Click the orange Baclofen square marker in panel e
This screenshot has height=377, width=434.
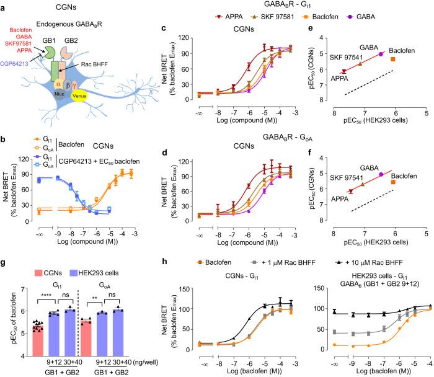pyautogui.click(x=392, y=59)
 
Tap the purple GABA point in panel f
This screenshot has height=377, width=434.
pyautogui.click(x=381, y=175)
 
